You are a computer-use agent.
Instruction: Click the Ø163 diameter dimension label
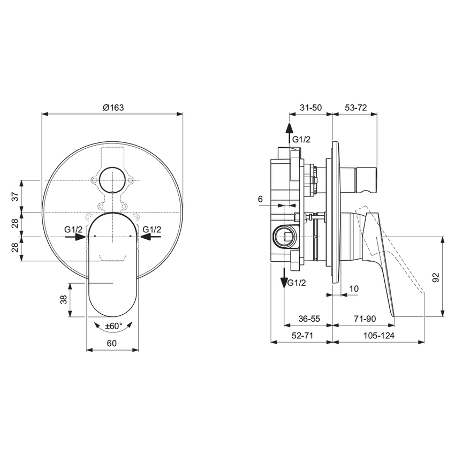113,107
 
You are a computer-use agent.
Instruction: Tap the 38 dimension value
64,299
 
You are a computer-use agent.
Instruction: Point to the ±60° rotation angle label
113,325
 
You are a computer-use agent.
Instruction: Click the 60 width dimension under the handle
112,344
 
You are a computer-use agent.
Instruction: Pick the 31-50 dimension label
310,107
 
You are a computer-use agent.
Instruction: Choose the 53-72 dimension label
355,107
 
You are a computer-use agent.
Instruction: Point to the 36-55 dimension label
308,318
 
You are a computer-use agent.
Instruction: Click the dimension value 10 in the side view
353,289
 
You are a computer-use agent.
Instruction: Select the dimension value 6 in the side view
260,199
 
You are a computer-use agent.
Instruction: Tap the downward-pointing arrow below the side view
283,277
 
